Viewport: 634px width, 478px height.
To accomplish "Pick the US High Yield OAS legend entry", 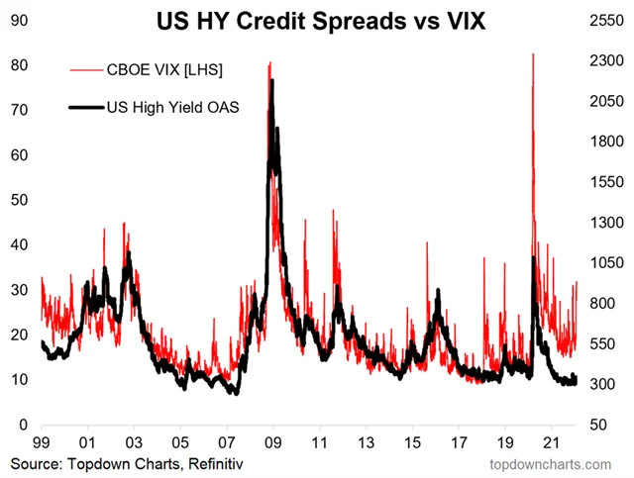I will coord(158,106).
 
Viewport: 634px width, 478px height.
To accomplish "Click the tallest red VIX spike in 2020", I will coord(533,55).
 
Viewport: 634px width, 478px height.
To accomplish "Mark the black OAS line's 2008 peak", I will coord(271,81).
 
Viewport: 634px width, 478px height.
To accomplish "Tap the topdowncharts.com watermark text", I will coord(556,463).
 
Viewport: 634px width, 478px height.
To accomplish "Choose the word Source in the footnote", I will coord(34,463).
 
